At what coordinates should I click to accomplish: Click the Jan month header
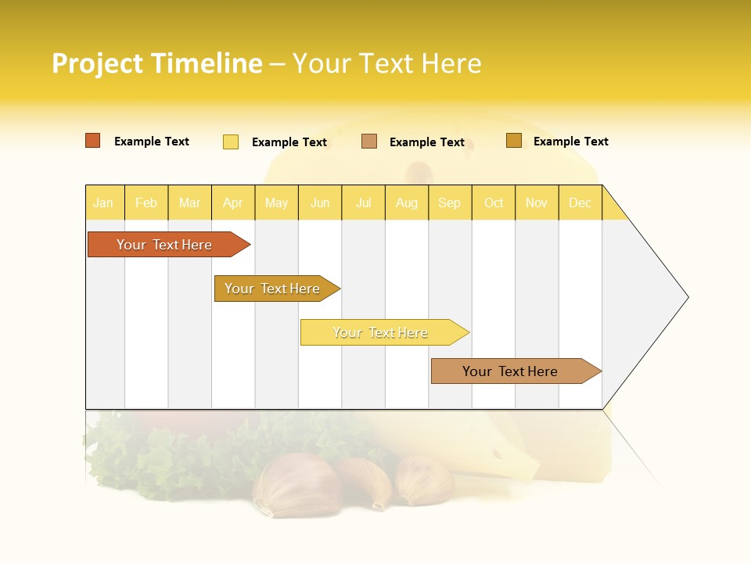point(104,203)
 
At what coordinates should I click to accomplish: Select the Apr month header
point(233,203)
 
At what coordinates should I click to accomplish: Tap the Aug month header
point(407,203)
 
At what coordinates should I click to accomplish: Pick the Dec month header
point(580,203)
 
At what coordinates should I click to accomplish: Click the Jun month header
point(320,203)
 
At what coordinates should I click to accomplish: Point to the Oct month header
point(494,203)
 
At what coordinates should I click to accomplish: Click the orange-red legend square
point(93,141)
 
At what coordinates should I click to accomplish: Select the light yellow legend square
point(231,142)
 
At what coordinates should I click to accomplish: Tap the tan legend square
point(369,142)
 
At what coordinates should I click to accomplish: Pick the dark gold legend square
point(514,141)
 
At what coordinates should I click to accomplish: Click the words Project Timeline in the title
point(157,63)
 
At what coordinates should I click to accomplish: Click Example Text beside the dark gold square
point(570,142)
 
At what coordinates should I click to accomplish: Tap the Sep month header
point(449,203)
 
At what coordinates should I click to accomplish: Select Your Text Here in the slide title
point(386,63)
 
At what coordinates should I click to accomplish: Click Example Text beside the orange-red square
point(152,142)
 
